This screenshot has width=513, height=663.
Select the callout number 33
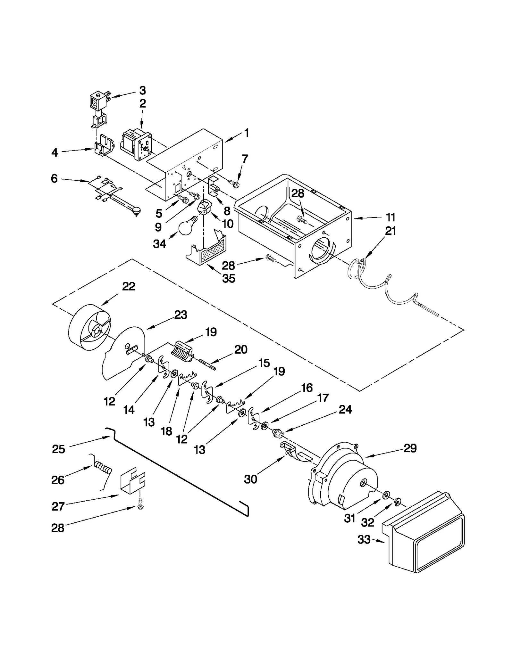click(364, 539)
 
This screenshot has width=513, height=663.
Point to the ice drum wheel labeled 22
click(90, 330)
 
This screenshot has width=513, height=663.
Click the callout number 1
click(246, 133)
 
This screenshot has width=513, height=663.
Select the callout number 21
click(391, 231)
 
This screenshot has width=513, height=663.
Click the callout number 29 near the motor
click(410, 448)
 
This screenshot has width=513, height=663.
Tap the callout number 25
click(58, 449)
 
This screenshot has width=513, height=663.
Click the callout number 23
click(181, 315)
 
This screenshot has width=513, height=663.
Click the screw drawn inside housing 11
click(302, 219)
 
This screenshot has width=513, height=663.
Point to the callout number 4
click(55, 152)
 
